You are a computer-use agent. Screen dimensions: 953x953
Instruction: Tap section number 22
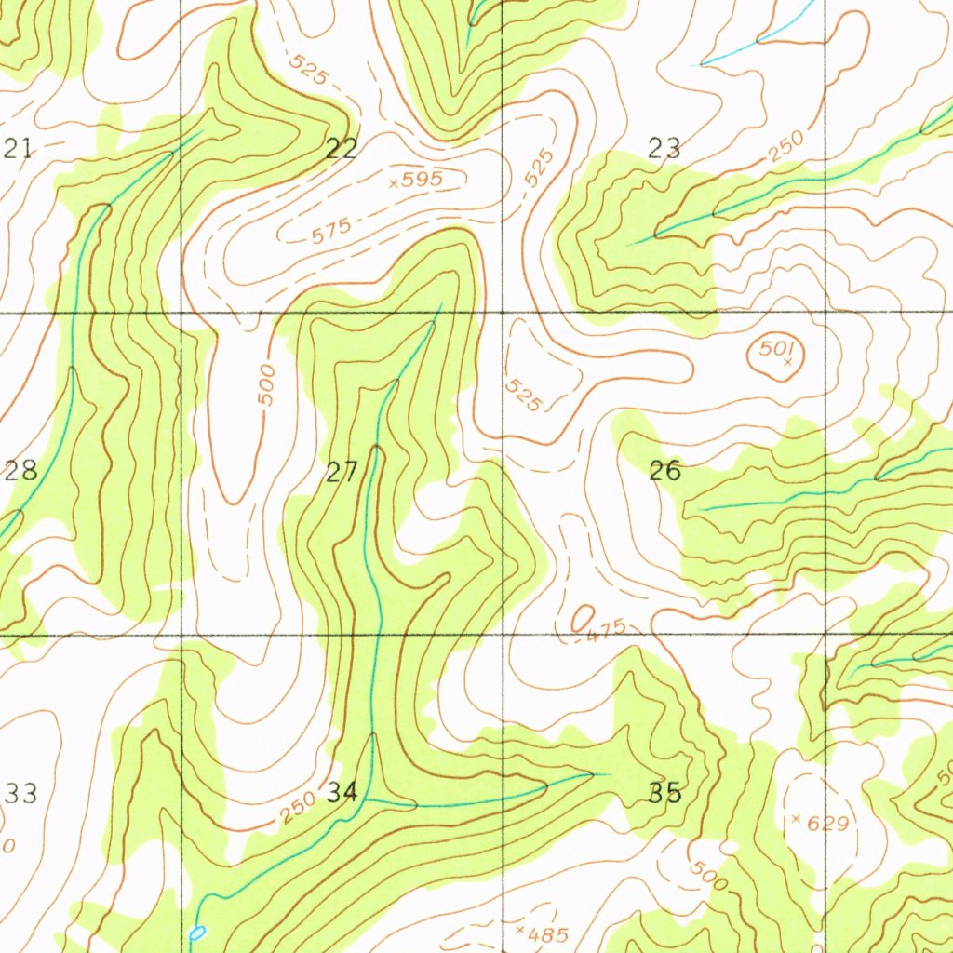tap(342, 147)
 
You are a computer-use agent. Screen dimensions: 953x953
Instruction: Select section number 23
tap(664, 147)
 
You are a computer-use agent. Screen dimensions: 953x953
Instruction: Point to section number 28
tap(20, 470)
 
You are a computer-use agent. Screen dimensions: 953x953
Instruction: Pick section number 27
tap(342, 472)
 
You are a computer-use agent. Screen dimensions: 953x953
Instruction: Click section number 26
tap(664, 471)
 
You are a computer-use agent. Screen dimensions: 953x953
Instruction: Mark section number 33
tap(20, 794)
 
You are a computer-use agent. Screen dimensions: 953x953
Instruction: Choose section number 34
tap(342, 793)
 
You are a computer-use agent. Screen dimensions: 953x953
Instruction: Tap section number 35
tap(664, 793)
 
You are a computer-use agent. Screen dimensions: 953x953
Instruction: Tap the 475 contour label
tap(607, 629)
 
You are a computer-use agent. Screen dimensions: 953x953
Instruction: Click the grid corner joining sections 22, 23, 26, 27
tap(503, 313)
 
